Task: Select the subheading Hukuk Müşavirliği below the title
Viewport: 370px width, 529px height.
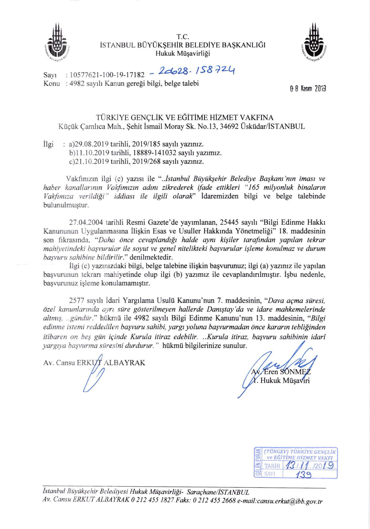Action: pyautogui.click(x=183, y=53)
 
